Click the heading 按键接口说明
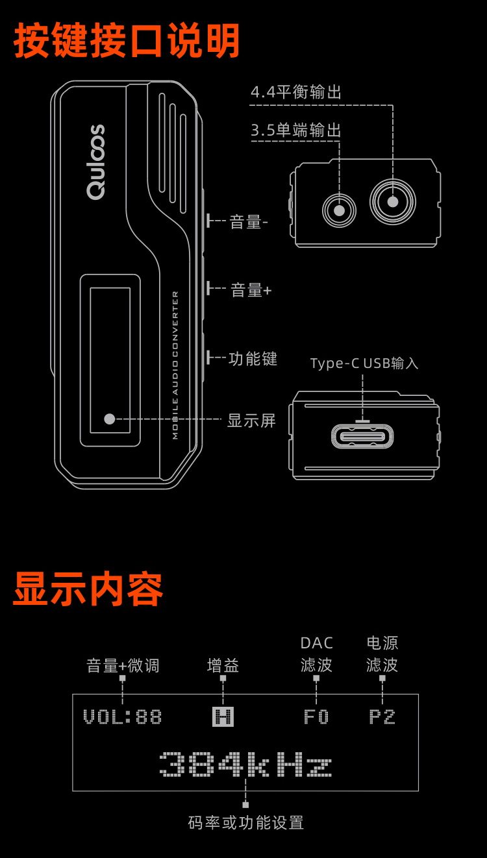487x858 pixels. [127, 41]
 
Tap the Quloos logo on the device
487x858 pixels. [95, 162]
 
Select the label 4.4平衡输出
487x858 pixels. [296, 93]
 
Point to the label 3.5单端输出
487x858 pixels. [296, 131]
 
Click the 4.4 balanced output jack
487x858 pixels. [392, 201]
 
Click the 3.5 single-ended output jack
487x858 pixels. [339, 210]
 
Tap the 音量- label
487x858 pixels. [249, 223]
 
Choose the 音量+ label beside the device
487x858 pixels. [251, 290]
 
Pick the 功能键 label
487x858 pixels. [253, 359]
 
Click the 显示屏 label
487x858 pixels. [251, 421]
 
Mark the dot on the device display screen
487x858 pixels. [110, 419]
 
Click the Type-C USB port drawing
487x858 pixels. [363, 436]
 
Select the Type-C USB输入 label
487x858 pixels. [364, 363]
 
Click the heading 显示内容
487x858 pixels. [88, 589]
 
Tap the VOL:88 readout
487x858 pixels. [122, 717]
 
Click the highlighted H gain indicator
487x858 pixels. [223, 717]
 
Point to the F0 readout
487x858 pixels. [316, 717]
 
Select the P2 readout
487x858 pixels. [382, 717]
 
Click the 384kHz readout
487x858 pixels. [245, 765]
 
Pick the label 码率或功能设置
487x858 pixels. [245, 823]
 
